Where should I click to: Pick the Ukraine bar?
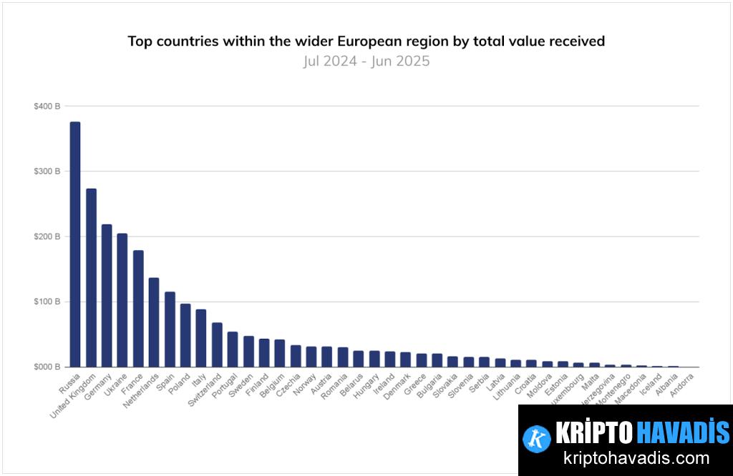point(122,300)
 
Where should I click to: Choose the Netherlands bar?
point(154,322)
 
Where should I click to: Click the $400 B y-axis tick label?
point(47,106)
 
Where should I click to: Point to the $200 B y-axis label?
point(47,237)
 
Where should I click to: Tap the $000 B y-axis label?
point(47,367)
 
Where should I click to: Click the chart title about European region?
point(366,41)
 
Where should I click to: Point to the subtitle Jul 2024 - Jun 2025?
point(366,61)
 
